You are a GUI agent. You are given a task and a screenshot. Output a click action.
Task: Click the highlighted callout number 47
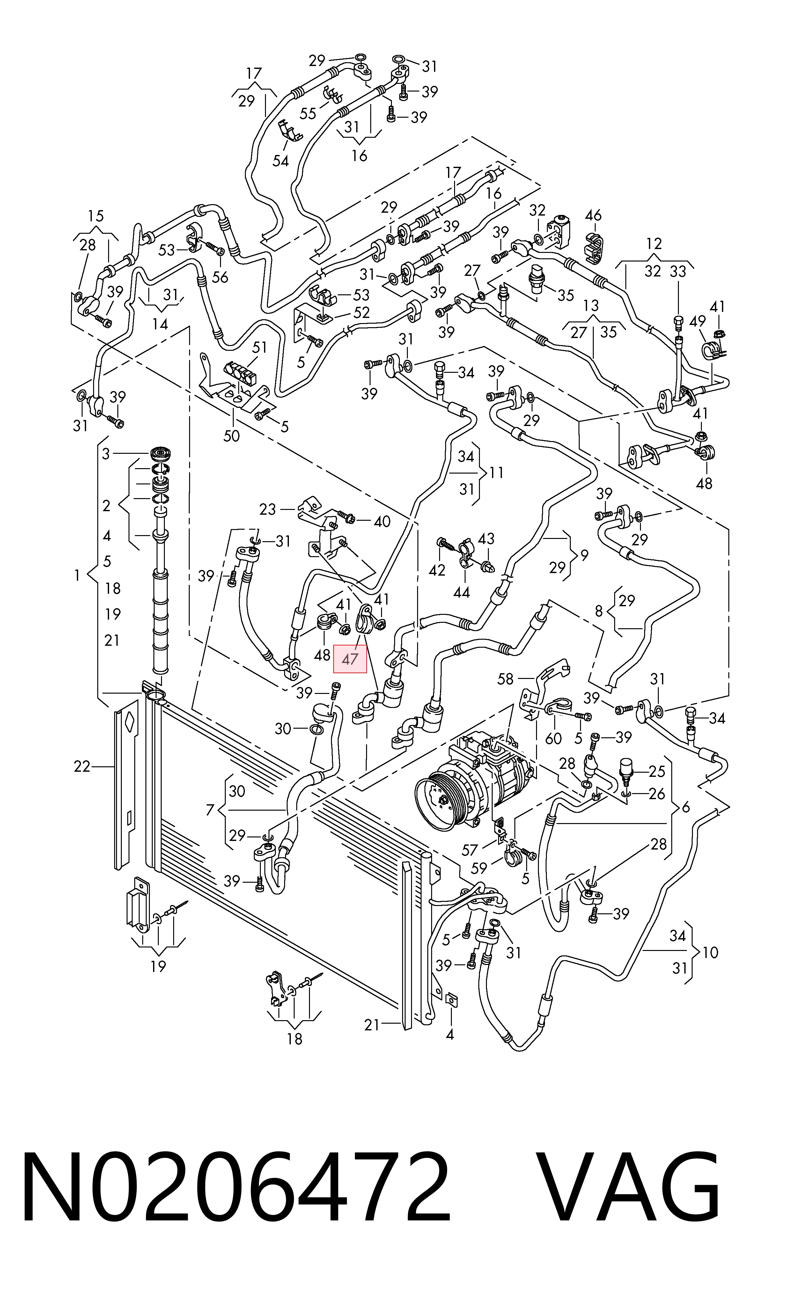[x=350, y=659]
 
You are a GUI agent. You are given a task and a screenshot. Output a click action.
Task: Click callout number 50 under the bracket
[x=232, y=436]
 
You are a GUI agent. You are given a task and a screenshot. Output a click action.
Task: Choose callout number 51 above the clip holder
[x=259, y=347]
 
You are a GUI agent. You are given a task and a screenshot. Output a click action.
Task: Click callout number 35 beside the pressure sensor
[x=565, y=295]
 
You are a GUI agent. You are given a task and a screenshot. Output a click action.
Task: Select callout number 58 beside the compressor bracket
[x=505, y=679]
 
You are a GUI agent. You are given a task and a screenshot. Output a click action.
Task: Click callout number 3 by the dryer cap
[x=106, y=453]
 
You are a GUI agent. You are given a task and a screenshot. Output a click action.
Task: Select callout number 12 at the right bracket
[x=654, y=244]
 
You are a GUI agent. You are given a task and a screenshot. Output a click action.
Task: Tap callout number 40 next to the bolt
[x=382, y=521]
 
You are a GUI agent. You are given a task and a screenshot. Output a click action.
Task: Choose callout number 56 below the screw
[x=220, y=277]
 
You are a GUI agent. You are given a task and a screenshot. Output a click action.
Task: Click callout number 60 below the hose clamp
[x=554, y=739]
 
